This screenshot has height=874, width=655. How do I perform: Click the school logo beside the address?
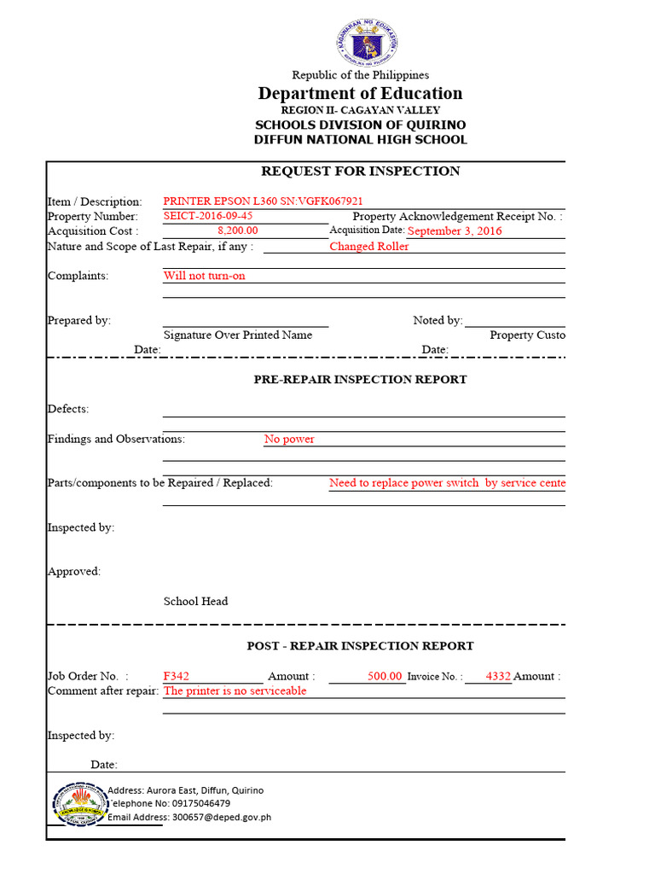click(x=78, y=804)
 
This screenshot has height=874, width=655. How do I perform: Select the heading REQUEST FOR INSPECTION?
click(x=360, y=171)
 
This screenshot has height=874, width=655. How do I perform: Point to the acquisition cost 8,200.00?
click(x=238, y=230)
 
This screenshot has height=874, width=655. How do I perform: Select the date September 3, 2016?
click(x=455, y=230)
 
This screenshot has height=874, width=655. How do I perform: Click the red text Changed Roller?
click(x=368, y=247)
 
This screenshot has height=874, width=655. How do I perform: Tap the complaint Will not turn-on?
click(x=205, y=276)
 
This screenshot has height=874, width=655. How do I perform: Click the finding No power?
click(x=289, y=440)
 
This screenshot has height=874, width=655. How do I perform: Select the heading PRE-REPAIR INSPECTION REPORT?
click(x=360, y=379)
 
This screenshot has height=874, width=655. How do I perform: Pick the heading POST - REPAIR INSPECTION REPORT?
click(x=360, y=646)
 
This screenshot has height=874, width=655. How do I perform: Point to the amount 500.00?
click(x=385, y=676)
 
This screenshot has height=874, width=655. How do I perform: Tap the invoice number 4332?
click(x=498, y=676)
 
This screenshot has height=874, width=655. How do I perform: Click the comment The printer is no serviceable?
click(x=235, y=690)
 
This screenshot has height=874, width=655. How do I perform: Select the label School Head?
click(x=195, y=601)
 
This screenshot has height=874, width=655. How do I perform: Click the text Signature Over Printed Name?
click(x=238, y=335)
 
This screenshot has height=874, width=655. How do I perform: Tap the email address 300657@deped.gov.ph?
click(x=221, y=817)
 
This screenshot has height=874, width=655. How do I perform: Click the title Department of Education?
click(x=360, y=94)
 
